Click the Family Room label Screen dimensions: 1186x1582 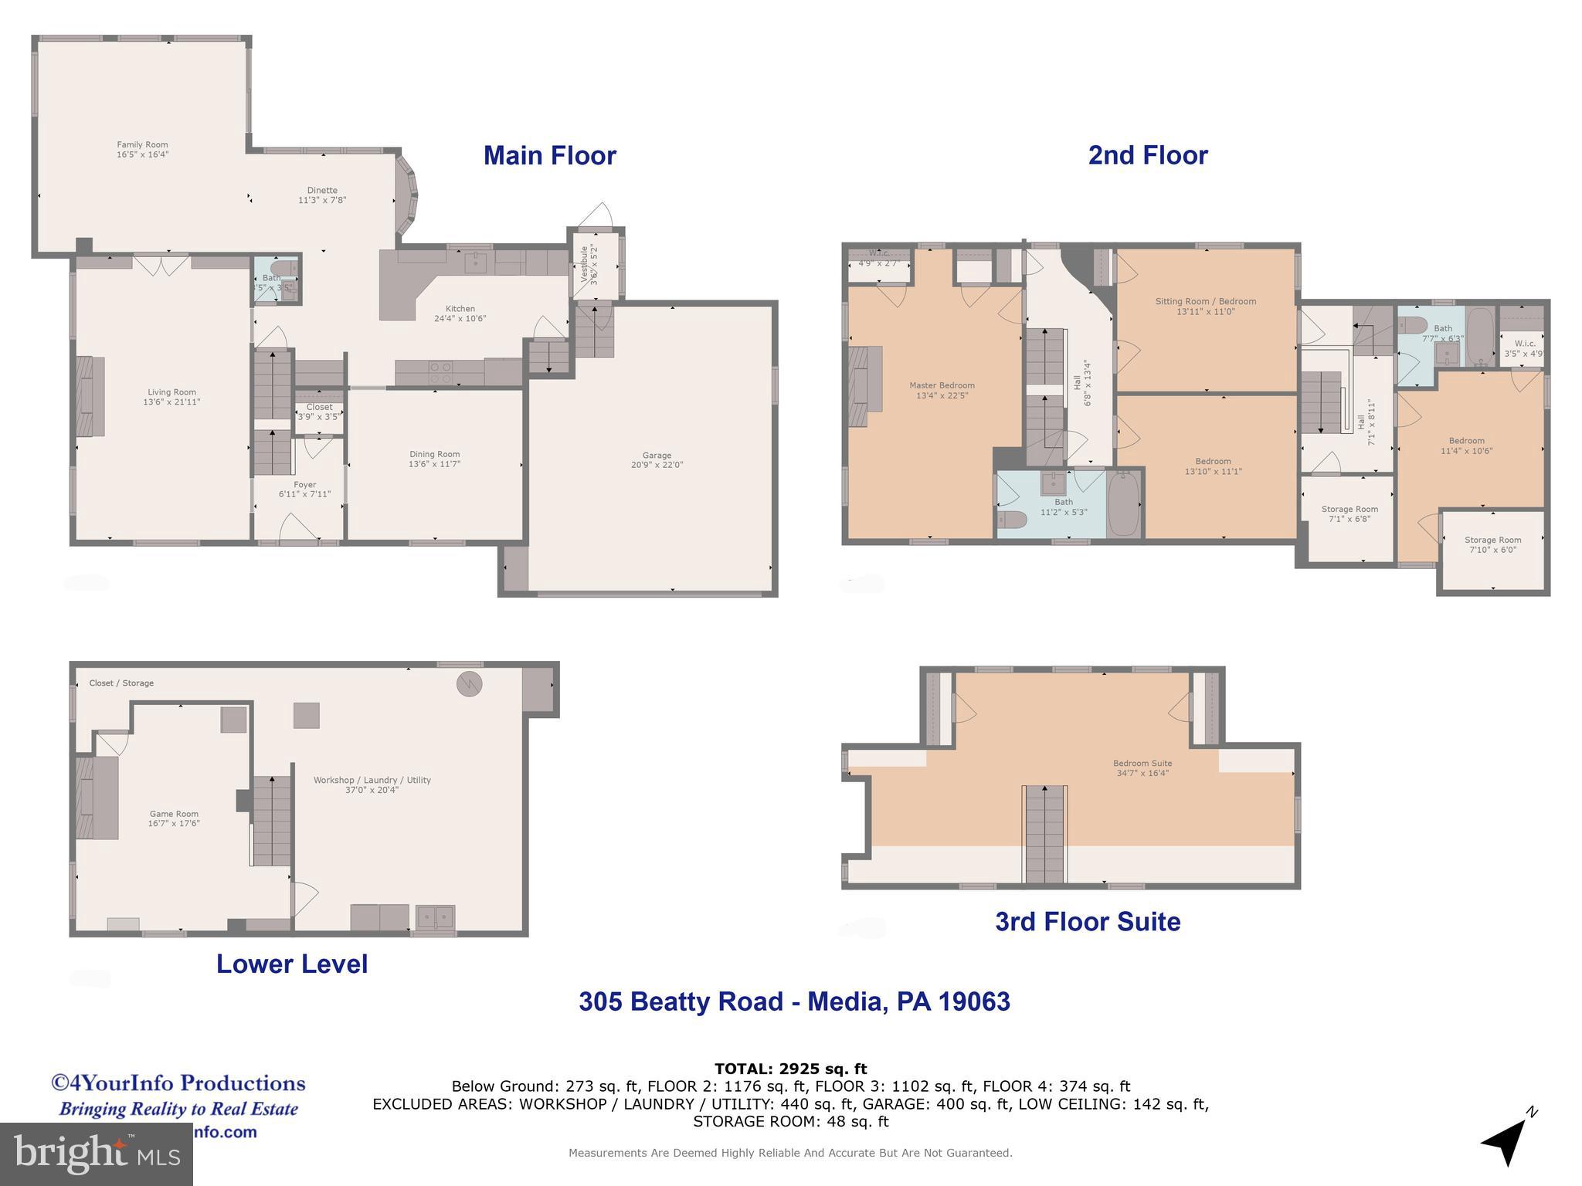tap(142, 145)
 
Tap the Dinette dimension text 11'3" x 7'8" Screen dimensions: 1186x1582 tap(322, 201)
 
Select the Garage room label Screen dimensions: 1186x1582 tap(657, 456)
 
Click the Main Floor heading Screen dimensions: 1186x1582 tap(549, 156)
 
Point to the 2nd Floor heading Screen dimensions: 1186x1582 tap(1147, 156)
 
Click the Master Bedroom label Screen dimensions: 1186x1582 tap(942, 385)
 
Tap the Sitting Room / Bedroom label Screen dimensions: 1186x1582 tap(1205, 302)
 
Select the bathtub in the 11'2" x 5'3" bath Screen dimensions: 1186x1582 tap(1124, 504)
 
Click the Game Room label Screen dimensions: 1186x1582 tap(174, 814)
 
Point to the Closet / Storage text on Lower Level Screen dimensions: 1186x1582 tap(121, 683)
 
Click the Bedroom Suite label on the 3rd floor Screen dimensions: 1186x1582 tap(1142, 764)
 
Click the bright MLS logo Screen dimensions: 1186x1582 tap(96, 1154)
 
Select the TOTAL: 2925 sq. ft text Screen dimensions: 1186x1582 tap(790, 1069)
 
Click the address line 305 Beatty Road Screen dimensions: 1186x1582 tap(794, 1001)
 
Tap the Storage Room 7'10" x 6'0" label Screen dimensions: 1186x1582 tap(1492, 540)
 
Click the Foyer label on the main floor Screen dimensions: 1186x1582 tap(304, 485)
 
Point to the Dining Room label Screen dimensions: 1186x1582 tap(434, 455)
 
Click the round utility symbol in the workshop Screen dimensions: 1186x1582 tap(469, 684)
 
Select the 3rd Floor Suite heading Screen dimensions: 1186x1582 tap(1087, 922)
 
